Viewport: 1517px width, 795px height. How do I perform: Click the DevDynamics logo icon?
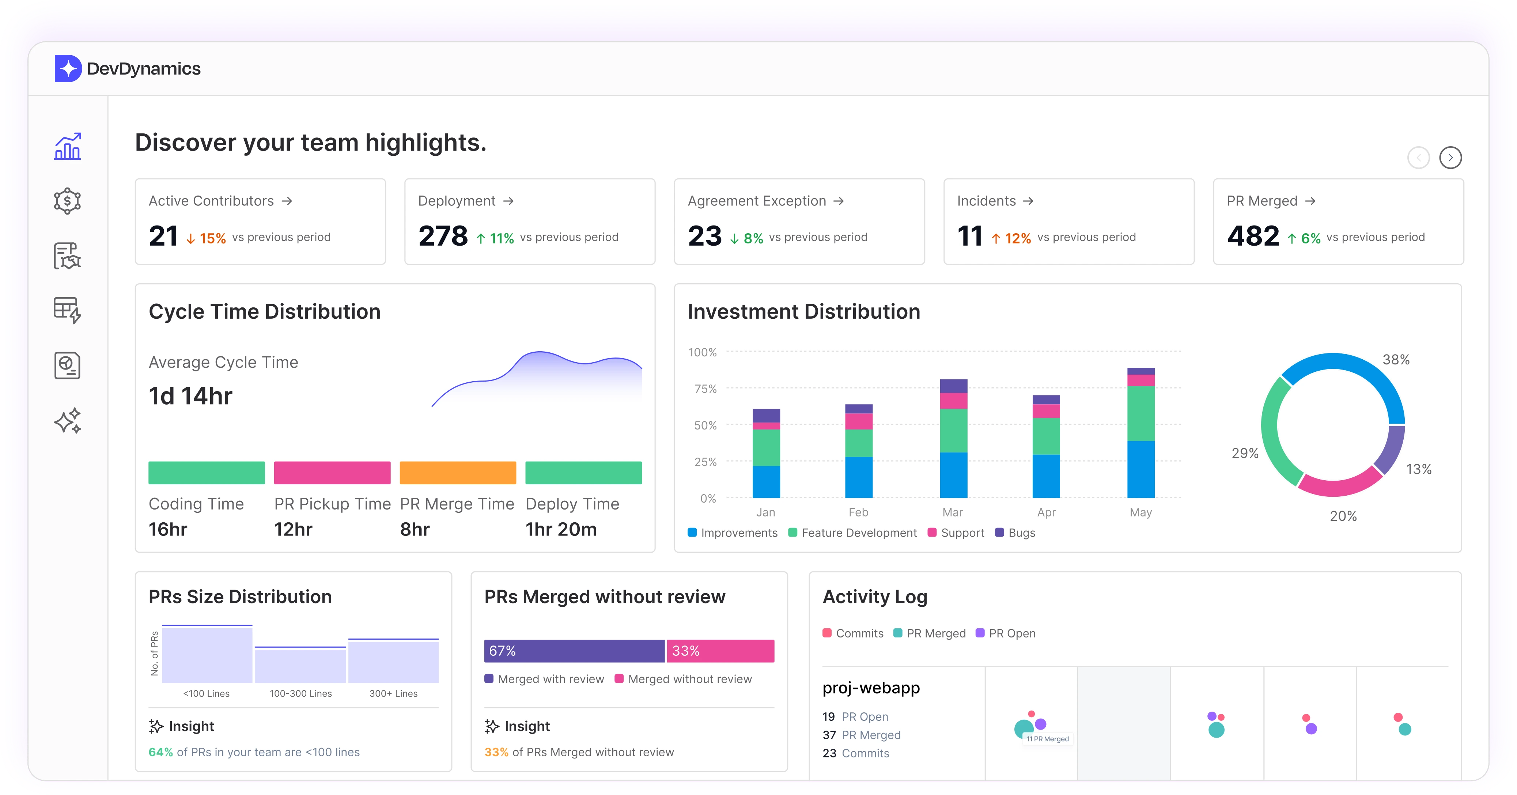(x=68, y=69)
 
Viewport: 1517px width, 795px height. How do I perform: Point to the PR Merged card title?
(x=1262, y=201)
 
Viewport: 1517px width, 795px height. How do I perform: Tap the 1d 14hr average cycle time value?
(x=190, y=396)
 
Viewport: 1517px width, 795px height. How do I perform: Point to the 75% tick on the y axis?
(x=705, y=389)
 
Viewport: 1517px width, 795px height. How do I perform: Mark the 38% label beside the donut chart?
(x=1396, y=360)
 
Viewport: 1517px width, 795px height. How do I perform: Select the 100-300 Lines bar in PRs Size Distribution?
(x=300, y=666)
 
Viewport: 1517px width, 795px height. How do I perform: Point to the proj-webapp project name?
(x=871, y=688)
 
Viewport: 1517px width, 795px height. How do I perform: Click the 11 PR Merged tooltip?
(x=1048, y=739)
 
